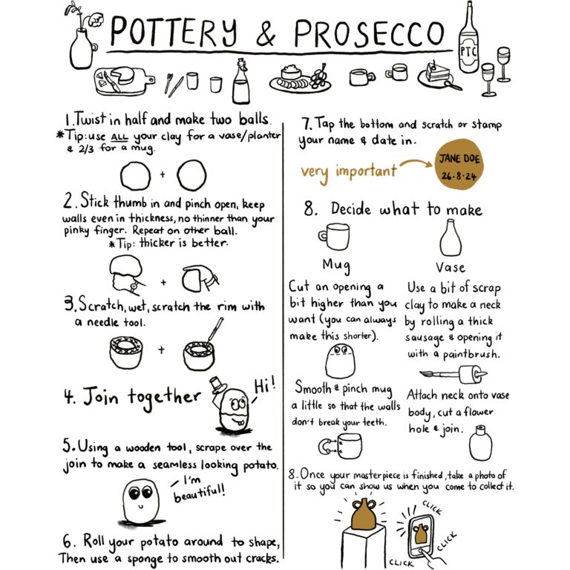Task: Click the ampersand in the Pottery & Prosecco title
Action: click(x=266, y=33)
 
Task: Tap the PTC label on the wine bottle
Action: click(x=468, y=52)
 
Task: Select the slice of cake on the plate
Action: click(x=435, y=73)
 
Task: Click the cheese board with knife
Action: click(x=123, y=81)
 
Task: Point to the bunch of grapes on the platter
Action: click(x=318, y=76)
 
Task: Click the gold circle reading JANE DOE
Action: click(x=459, y=164)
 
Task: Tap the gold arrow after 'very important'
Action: click(x=416, y=164)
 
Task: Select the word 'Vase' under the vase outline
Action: click(x=451, y=267)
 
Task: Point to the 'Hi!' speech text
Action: click(x=265, y=386)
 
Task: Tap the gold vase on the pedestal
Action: click(x=364, y=514)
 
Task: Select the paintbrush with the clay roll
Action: click(x=453, y=374)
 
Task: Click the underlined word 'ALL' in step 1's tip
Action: click(x=119, y=138)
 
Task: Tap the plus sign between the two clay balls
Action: click(x=163, y=174)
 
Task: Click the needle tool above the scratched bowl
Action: click(x=215, y=330)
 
